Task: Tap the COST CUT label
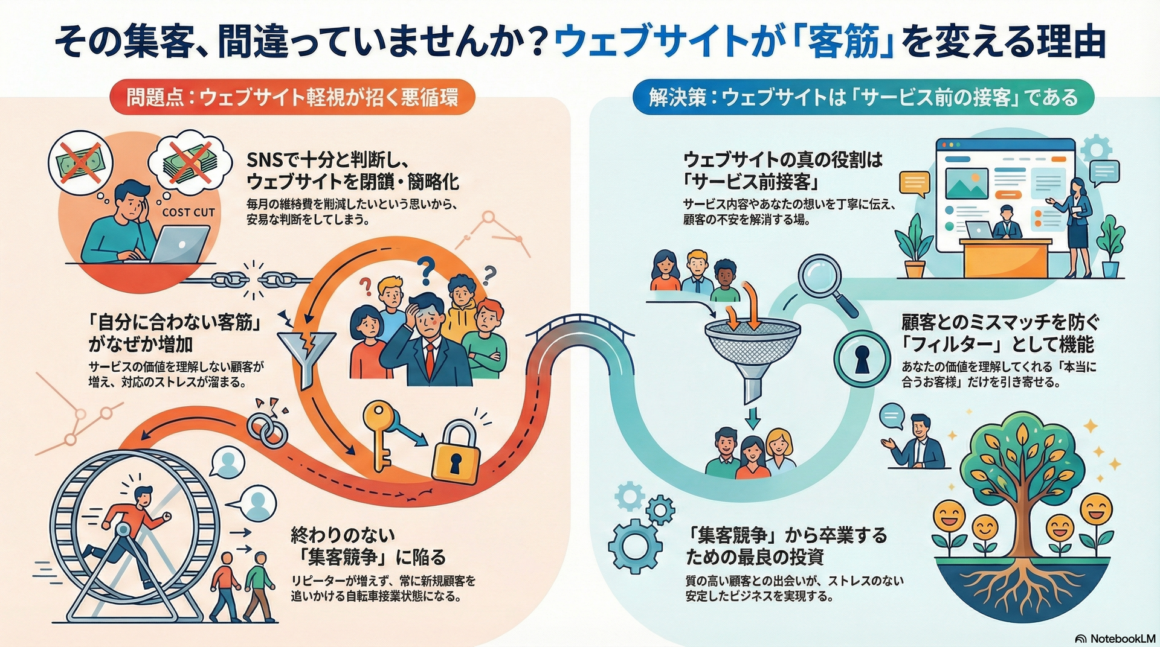click(x=188, y=212)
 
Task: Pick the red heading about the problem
click(x=291, y=97)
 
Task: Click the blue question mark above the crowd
click(x=427, y=269)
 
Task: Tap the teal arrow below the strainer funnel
click(x=752, y=417)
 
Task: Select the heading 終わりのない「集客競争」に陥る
click(x=368, y=546)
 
